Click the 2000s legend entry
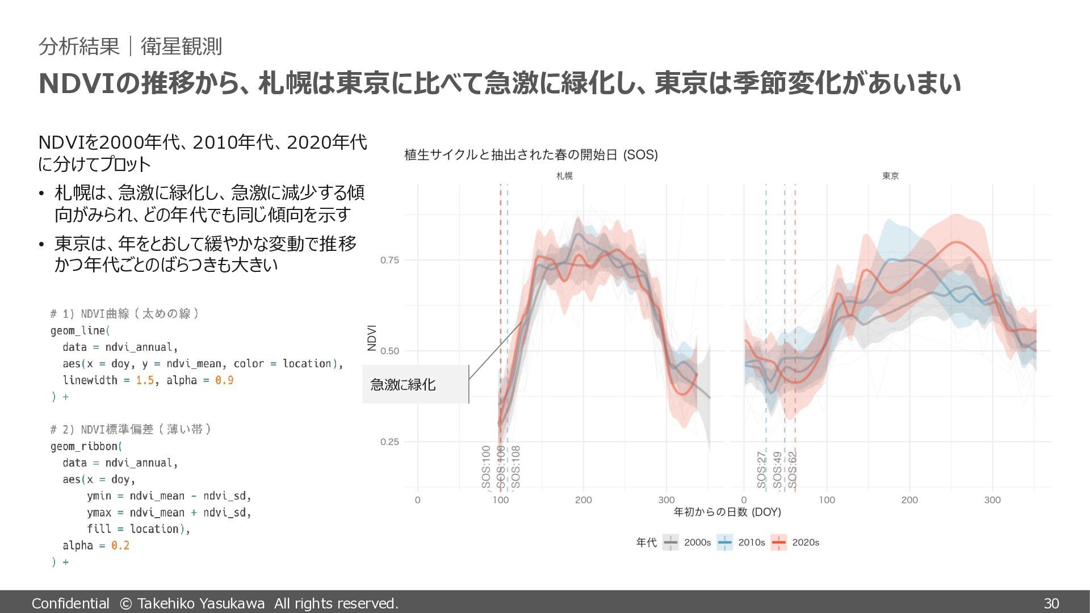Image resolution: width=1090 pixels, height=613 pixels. tap(687, 543)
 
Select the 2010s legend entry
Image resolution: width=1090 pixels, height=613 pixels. tap(741, 543)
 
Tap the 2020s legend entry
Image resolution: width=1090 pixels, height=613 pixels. tap(795, 543)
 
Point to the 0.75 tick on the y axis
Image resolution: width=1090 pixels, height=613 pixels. tap(389, 261)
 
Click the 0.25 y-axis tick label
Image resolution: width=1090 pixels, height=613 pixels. tap(389, 442)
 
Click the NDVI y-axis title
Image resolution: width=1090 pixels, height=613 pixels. tap(372, 338)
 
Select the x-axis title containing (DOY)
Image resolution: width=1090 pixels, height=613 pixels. tap(727, 512)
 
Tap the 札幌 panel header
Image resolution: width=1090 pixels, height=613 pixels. tap(564, 176)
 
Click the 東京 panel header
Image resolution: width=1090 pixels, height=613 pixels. tap(890, 176)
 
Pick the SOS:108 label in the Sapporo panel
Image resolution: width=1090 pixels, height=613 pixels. tap(515, 467)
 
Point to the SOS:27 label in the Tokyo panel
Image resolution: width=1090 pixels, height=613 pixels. tap(761, 470)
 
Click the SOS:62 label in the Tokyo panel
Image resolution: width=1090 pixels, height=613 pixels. tap(793, 470)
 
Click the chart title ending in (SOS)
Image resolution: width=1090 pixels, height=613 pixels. tap(531, 155)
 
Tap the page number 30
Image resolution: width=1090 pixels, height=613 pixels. tap(1051, 603)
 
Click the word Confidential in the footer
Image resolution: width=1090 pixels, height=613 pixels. tap(70, 603)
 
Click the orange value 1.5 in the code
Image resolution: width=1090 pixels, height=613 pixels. tap(145, 380)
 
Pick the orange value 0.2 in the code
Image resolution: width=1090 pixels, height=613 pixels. tap(120, 545)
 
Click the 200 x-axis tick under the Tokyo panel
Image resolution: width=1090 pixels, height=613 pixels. tap(909, 500)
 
